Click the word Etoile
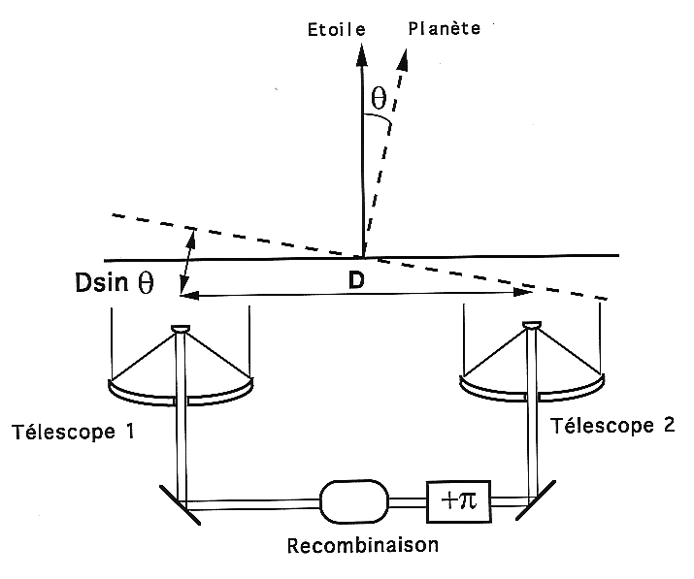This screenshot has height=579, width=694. pyautogui.click(x=337, y=30)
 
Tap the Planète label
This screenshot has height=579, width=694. pyautogui.click(x=444, y=29)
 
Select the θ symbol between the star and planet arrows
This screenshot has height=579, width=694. pyautogui.click(x=379, y=98)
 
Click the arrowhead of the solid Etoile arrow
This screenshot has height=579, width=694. pyautogui.click(x=362, y=54)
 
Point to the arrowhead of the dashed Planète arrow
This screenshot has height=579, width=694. pyautogui.click(x=402, y=60)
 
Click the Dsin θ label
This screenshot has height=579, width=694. pyautogui.click(x=115, y=282)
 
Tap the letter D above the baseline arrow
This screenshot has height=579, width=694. pyautogui.click(x=356, y=280)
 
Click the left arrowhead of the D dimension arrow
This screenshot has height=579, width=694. pyautogui.click(x=189, y=295)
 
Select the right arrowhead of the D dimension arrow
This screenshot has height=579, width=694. pyautogui.click(x=523, y=292)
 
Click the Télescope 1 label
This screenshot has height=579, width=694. pyautogui.click(x=73, y=432)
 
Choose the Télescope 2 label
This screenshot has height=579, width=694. pyautogui.click(x=612, y=426)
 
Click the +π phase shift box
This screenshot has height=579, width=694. pyautogui.click(x=458, y=501)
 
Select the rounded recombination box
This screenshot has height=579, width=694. pyautogui.click(x=354, y=501)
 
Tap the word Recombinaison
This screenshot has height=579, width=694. pyautogui.click(x=363, y=545)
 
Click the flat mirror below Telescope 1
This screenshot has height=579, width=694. pyautogui.click(x=180, y=505)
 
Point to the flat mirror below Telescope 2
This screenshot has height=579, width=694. pyautogui.click(x=536, y=500)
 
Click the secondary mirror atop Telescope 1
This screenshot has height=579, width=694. pyautogui.click(x=181, y=329)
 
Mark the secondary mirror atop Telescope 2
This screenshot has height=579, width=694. pyautogui.click(x=532, y=325)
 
